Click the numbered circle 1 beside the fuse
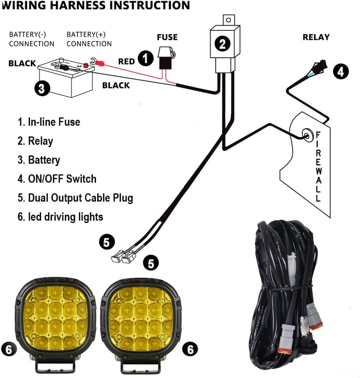[x=146, y=59]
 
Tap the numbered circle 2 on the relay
[x=222, y=43]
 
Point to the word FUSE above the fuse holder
[x=167, y=37]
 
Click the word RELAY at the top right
[x=316, y=37]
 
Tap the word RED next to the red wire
[x=126, y=61]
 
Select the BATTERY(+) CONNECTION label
[x=89, y=39]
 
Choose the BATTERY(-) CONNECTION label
[x=32, y=39]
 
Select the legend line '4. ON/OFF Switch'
[x=57, y=179]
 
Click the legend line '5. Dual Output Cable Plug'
[x=75, y=198]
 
